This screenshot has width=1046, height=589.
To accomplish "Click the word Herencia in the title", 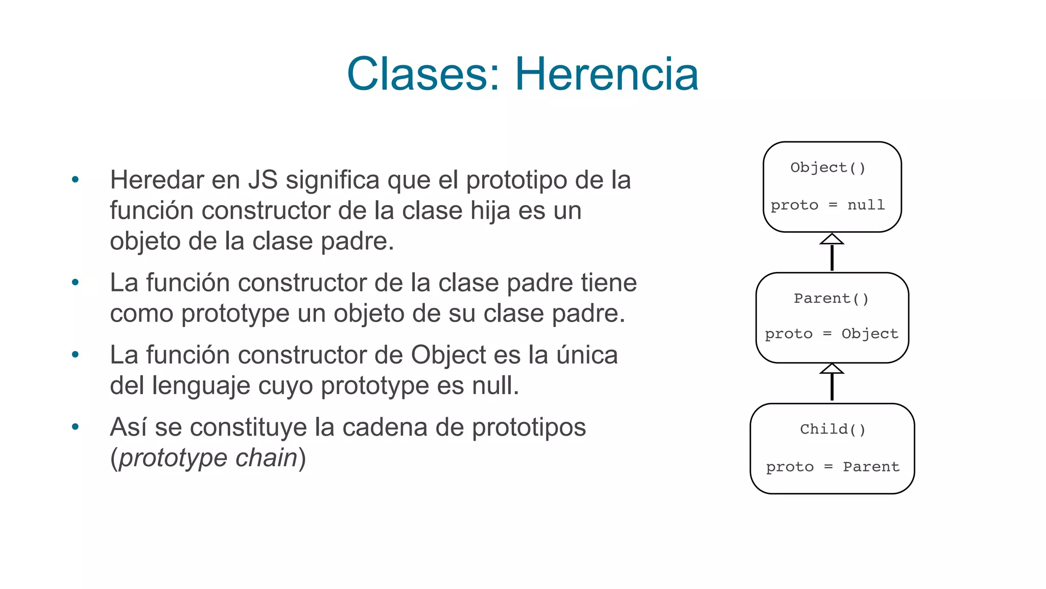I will click(606, 74).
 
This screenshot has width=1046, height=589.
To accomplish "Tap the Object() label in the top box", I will click(827, 168).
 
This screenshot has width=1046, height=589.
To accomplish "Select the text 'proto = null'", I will click(827, 205).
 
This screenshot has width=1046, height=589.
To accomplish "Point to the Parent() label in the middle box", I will click(831, 299).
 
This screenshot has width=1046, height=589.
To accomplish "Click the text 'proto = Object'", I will click(831, 334).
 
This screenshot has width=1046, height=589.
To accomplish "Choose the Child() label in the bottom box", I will click(833, 429).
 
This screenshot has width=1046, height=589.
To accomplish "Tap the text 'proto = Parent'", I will click(833, 467).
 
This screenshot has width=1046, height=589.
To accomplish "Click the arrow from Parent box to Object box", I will click(832, 252).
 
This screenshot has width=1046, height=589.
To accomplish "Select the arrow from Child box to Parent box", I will click(832, 382).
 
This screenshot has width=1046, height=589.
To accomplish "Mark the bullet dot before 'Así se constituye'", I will click(76, 427).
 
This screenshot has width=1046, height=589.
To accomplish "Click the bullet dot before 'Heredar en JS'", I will click(76, 179).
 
